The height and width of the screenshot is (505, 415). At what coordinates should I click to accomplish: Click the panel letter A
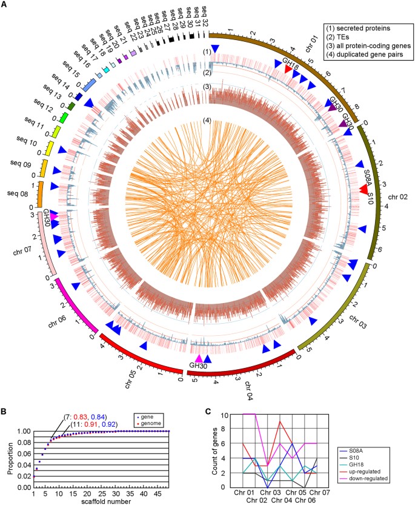coord(5,5)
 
